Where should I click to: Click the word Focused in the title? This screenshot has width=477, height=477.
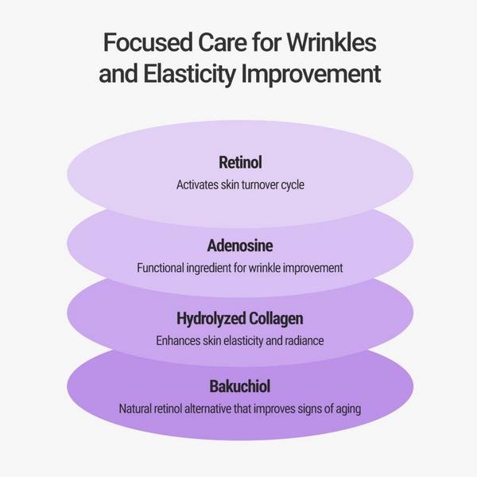click(x=148, y=42)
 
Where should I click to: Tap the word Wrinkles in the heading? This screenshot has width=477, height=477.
click(x=332, y=42)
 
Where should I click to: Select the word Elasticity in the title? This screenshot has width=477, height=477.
click(x=189, y=74)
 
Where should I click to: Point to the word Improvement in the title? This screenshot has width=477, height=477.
click(x=311, y=74)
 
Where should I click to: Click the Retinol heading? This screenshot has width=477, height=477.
click(x=240, y=162)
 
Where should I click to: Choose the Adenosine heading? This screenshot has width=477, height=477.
click(x=240, y=246)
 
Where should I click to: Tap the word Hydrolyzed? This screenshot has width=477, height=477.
click(x=211, y=319)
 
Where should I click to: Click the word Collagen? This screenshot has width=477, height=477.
click(x=276, y=319)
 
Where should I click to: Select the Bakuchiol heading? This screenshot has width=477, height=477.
click(x=240, y=386)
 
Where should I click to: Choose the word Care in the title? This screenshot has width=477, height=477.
click(x=223, y=42)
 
